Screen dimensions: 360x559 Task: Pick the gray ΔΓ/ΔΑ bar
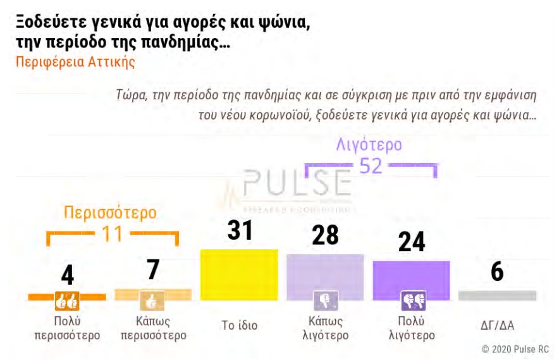[x=497, y=295]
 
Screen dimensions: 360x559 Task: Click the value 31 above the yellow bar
[x=240, y=231]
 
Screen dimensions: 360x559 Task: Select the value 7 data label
[x=152, y=269]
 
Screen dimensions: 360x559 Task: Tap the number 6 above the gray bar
[x=497, y=271]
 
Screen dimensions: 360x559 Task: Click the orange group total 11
[x=112, y=235]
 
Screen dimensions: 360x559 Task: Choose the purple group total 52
[x=370, y=166]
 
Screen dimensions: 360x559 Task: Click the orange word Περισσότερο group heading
[x=110, y=212]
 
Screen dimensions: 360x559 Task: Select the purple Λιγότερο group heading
[x=369, y=144]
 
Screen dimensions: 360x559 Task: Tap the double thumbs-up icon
[x=67, y=299]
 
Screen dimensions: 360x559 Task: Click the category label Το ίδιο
[x=239, y=326]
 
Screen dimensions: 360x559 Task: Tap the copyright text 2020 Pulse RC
[x=515, y=349]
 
